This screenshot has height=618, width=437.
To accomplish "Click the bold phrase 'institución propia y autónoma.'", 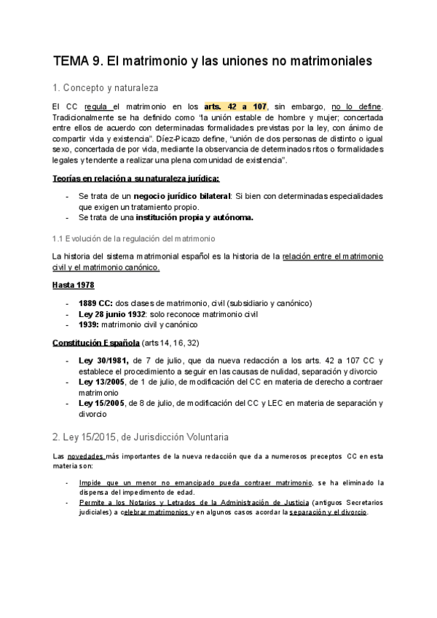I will point(201,216).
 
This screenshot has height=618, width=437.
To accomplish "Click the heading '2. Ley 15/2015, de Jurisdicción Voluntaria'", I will point(141,437).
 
